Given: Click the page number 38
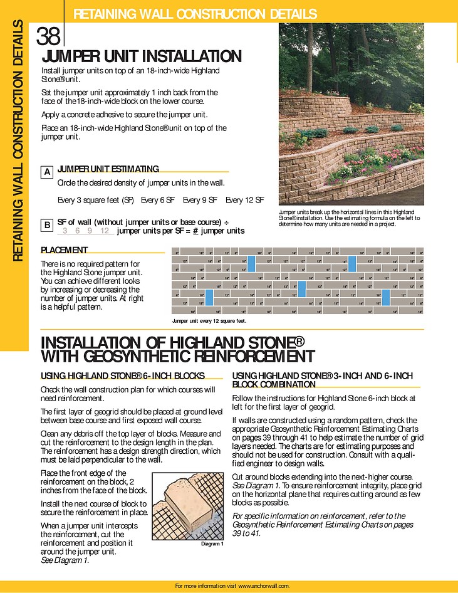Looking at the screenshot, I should tap(48, 36).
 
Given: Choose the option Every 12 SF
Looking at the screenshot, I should tap(244, 200).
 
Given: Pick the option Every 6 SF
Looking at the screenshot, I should tap(157, 200).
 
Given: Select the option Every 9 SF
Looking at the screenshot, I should tap(200, 200).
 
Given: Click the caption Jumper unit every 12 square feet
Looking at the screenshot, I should tap(209, 321).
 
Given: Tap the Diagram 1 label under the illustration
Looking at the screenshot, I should tap(212, 543).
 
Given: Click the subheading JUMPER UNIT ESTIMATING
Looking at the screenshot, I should tap(108, 169).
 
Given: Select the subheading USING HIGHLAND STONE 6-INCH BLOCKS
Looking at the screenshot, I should tap(123, 376).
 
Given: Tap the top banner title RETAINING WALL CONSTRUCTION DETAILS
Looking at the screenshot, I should tap(195, 14).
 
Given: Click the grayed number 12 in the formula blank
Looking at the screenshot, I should tap(105, 231).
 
